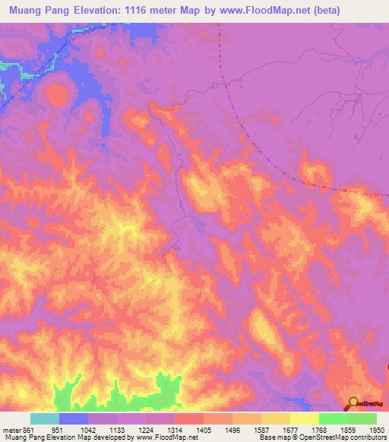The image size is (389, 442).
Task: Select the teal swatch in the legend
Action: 45,418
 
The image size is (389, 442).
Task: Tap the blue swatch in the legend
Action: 74,418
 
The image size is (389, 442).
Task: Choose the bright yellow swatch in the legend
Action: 304,418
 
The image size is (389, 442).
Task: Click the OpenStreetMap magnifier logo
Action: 353,403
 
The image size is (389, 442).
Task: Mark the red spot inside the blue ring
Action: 57,94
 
